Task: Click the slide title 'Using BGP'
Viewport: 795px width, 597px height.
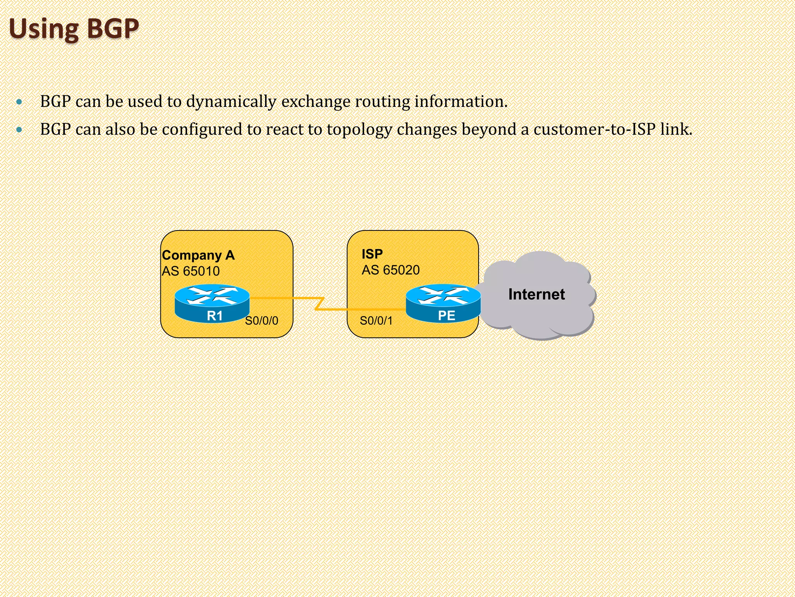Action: click(x=74, y=29)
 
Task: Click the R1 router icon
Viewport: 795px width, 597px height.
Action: click(x=212, y=303)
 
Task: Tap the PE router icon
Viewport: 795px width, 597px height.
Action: click(x=443, y=303)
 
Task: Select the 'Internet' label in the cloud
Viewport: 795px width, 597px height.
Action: click(x=536, y=295)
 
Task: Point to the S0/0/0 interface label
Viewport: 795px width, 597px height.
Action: click(x=262, y=321)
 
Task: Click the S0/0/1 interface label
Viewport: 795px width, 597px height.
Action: click(x=376, y=321)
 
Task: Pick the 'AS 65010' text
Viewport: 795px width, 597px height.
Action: click(x=191, y=271)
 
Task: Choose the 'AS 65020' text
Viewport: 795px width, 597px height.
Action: click(x=391, y=270)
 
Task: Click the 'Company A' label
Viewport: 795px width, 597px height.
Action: click(x=198, y=255)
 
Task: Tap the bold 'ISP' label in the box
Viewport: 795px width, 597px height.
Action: click(x=372, y=254)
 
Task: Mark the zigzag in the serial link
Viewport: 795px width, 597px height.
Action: click(x=319, y=304)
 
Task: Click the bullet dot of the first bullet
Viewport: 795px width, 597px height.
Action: click(x=19, y=102)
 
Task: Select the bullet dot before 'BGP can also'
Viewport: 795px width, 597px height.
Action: click(x=19, y=130)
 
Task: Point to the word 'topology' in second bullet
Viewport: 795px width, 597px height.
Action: click(x=359, y=130)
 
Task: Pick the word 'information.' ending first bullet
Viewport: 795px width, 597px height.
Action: click(x=461, y=101)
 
